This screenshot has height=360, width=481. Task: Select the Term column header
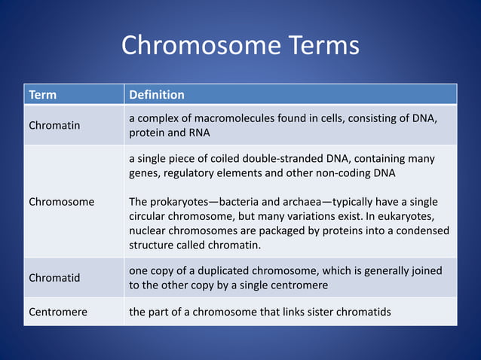pos(42,95)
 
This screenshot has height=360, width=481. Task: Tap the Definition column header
pos(157,95)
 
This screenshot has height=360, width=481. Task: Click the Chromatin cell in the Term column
pos(54,126)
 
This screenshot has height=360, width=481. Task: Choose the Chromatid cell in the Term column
pos(54,278)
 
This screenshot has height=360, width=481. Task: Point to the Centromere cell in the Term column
pos(59,311)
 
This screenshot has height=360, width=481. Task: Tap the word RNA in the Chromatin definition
pos(198,133)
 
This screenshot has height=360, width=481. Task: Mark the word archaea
pos(299,202)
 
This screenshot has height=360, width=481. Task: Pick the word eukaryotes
pos(418,216)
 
